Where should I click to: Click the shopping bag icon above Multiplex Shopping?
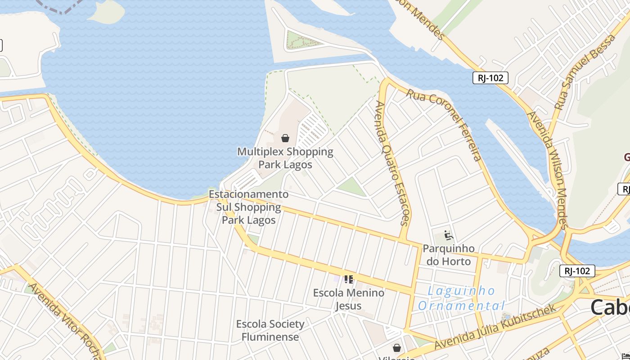pos(285,138)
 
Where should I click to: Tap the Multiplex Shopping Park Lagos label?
pos(285,158)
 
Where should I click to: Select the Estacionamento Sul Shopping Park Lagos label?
pos(249,207)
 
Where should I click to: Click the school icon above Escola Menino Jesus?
pos(348,279)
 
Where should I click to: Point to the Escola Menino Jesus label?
pos(349,299)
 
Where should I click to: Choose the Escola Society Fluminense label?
pos(270,330)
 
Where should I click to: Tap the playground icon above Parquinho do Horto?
pos(448,235)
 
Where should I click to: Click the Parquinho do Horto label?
pos(449,255)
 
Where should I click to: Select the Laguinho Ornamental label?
pos(461,298)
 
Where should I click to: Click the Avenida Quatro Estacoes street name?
pos(392,162)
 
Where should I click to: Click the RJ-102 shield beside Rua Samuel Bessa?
pos(490,78)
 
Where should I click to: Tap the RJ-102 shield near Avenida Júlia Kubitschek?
pos(577,271)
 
